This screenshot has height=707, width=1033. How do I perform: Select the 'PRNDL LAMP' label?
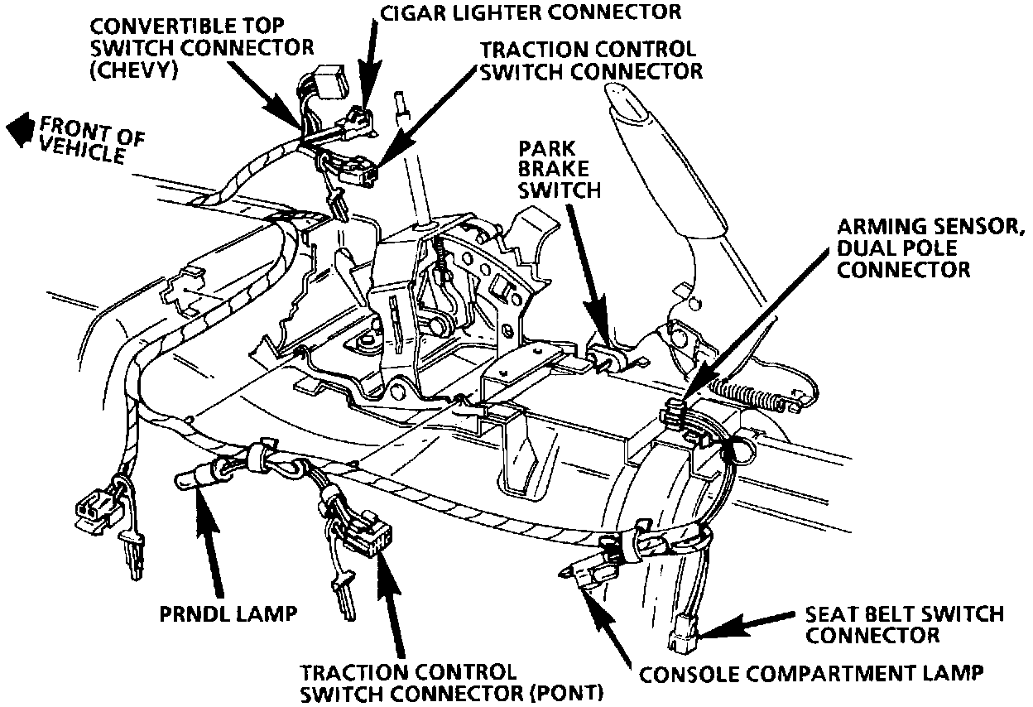(228, 613)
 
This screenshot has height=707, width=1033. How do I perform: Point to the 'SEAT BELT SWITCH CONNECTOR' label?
(905, 625)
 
